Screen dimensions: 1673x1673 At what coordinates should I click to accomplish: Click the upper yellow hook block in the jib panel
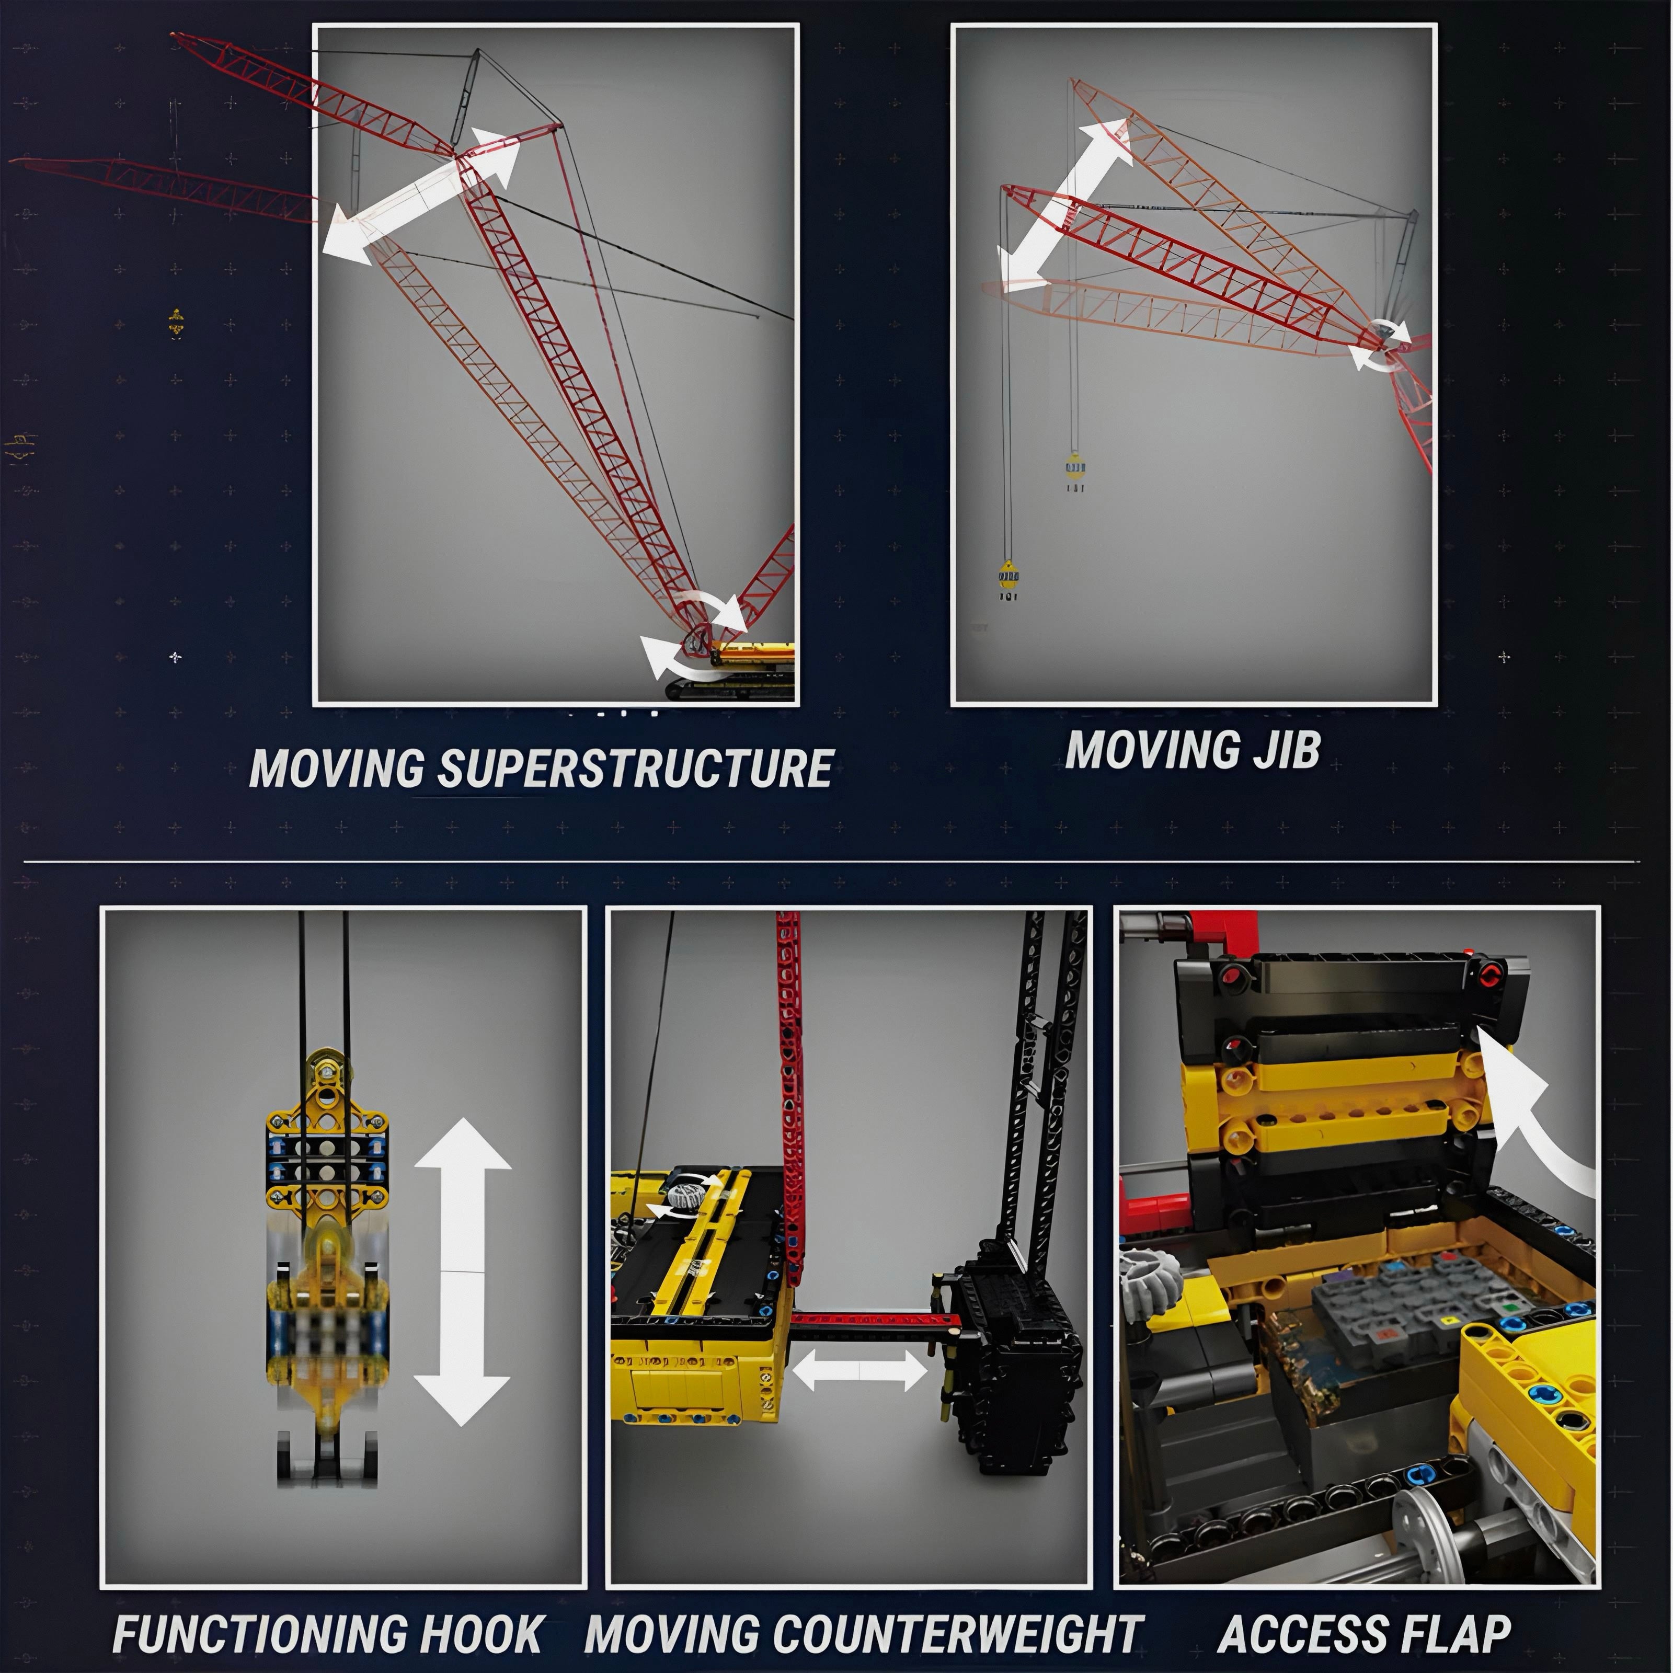1074,467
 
